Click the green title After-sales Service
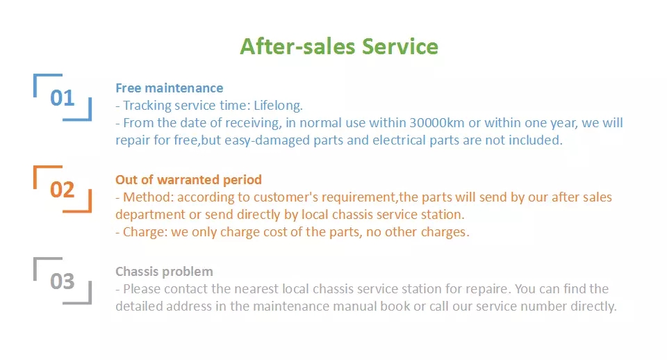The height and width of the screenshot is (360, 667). coord(339,47)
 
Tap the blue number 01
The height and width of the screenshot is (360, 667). coord(62,98)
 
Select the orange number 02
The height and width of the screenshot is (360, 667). coord(62,190)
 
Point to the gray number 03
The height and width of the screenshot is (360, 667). coord(62,281)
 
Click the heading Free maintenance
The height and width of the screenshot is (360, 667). coord(170,88)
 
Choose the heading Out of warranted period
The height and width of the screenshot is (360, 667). coord(188,180)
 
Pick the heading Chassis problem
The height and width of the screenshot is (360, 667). coord(164,272)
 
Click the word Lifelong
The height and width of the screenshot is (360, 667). coord(278,106)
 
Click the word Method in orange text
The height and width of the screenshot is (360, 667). coord(148,197)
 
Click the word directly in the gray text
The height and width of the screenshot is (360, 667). coord(593,306)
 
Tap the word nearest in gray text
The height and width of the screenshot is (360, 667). coord(256,289)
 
